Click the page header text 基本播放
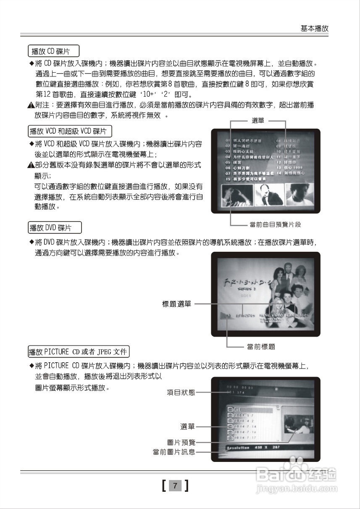(x=314, y=28)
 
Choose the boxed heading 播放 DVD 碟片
(x=54, y=228)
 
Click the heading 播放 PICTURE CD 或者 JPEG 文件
(x=79, y=351)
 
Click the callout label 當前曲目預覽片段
(x=275, y=225)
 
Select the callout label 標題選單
(x=176, y=304)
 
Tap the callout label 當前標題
(x=261, y=347)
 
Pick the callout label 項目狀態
(x=181, y=393)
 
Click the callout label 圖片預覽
(x=181, y=442)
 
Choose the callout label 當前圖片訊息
(x=174, y=452)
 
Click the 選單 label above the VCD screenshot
(x=258, y=121)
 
